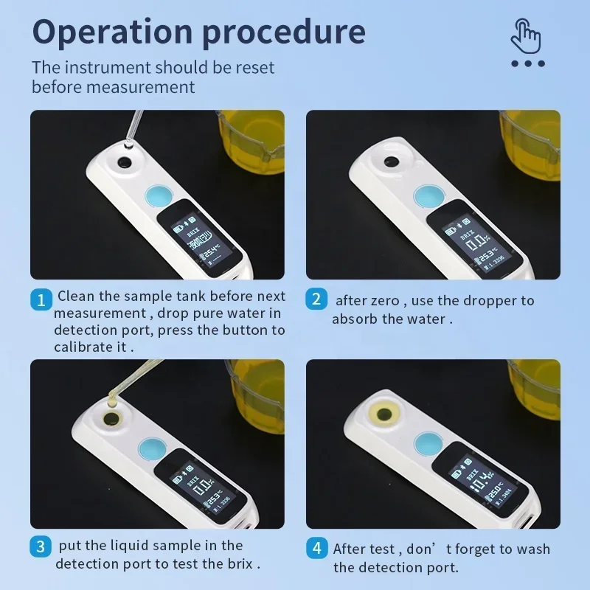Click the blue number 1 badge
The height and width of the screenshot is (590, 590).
coord(41,299)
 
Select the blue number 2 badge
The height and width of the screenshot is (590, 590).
coord(316,299)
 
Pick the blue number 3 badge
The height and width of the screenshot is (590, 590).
coord(41,547)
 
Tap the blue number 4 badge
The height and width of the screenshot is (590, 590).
coord(316,549)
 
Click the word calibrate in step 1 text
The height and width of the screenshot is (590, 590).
coord(83,347)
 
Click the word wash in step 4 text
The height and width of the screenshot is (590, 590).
coord(531,549)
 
